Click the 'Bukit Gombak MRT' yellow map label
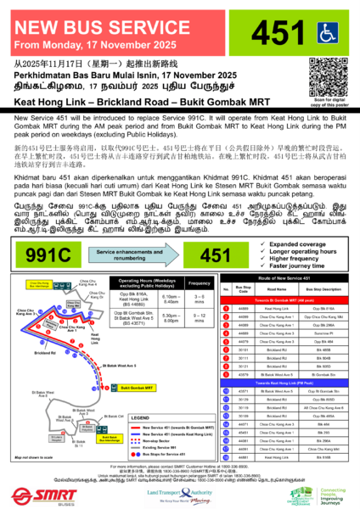pyautogui.click(x=138, y=387)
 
